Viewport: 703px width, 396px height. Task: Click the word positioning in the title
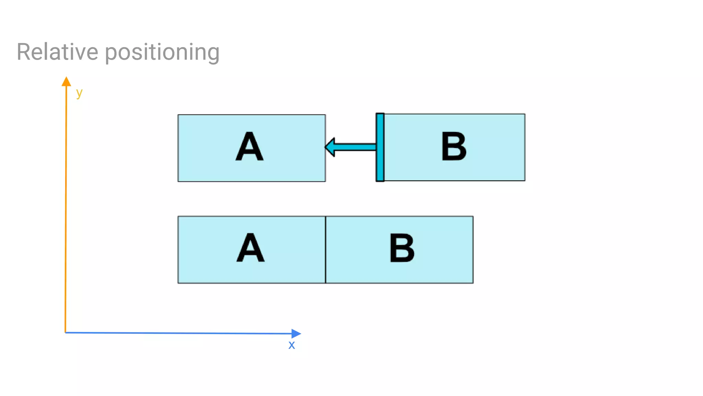[162, 53]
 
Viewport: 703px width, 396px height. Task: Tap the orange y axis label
[79, 93]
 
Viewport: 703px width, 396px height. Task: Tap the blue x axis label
[291, 345]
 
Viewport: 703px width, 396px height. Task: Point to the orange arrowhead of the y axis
[66, 82]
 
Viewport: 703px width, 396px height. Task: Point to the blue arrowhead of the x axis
[296, 333]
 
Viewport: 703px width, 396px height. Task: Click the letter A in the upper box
[250, 147]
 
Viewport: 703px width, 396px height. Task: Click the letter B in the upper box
[453, 147]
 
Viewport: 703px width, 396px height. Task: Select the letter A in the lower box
[251, 248]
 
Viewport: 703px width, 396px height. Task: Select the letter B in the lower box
[402, 248]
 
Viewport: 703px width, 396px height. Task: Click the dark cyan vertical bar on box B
[380, 147]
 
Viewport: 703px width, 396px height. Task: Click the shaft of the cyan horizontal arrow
[355, 147]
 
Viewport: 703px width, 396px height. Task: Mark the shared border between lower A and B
[325, 250]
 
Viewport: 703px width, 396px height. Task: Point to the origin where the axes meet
[65, 332]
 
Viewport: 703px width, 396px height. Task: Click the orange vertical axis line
[66, 206]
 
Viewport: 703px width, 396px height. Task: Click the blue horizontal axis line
[178, 333]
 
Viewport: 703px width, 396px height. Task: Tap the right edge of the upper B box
[525, 147]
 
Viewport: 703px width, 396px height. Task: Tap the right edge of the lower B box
[473, 250]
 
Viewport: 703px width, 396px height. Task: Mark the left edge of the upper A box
[178, 148]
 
